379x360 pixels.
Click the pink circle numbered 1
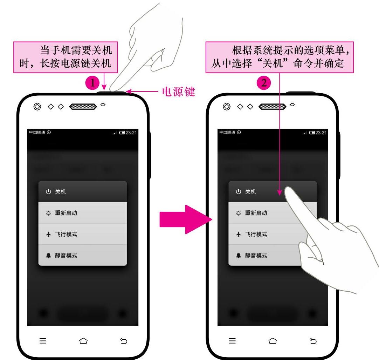tap(92, 83)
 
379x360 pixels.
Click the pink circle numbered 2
tap(264, 83)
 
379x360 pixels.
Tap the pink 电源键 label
tap(178, 92)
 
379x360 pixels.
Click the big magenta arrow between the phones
tap(186, 219)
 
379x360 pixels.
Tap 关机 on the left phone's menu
tap(61, 192)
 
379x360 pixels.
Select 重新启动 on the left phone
tap(66, 213)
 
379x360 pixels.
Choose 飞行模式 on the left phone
tap(66, 234)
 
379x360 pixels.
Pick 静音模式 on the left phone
tap(66, 256)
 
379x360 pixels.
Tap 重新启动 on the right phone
tap(256, 213)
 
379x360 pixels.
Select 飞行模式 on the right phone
tap(256, 234)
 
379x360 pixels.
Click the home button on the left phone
tap(83, 341)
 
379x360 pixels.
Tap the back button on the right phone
tap(313, 341)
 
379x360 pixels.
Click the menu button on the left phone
tap(43, 341)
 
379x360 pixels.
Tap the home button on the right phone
tap(273, 341)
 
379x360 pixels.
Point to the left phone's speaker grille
tap(83, 107)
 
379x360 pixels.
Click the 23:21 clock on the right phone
tap(321, 133)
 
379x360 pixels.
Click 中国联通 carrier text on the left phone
tap(37, 133)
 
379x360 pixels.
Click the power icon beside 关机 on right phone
tap(238, 192)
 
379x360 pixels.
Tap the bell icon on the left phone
tap(48, 256)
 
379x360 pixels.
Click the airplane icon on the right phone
tap(238, 234)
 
